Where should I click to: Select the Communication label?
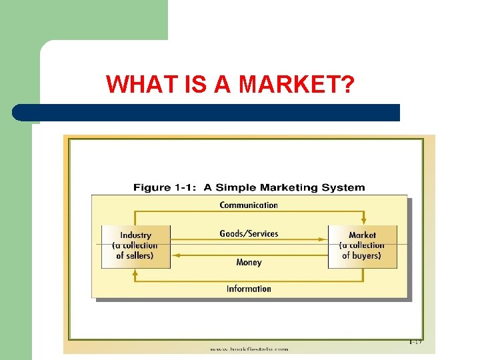click(249, 205)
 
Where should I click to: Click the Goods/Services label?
click(249, 233)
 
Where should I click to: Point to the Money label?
click(249, 263)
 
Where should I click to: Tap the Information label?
click(249, 289)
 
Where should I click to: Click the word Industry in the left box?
click(135, 235)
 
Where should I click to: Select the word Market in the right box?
click(362, 235)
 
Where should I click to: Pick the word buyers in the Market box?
click(366, 255)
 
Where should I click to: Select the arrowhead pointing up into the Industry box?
click(135, 273)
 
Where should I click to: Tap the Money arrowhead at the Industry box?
click(175, 254)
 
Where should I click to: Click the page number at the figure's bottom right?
click(415, 342)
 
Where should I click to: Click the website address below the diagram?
click(249, 349)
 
